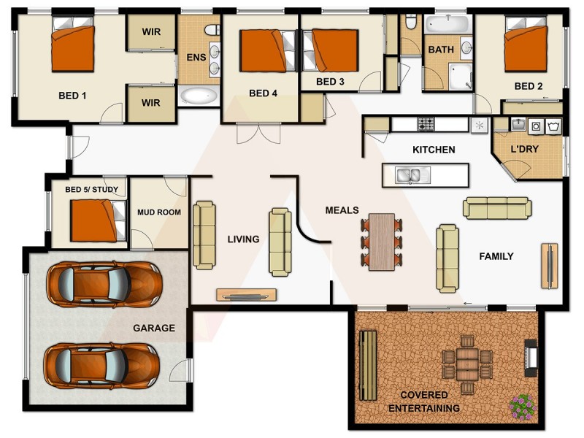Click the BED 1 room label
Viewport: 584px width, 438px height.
point(72,95)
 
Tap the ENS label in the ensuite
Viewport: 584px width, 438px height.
point(196,57)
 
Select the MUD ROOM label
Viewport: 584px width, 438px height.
point(158,212)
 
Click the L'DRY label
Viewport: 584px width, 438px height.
point(523,149)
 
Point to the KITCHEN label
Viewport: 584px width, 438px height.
point(434,150)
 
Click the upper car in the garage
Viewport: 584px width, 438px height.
point(103,284)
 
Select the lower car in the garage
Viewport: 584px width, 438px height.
point(103,365)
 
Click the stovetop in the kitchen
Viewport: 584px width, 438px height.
point(427,124)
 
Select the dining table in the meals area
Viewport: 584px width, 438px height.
point(381,242)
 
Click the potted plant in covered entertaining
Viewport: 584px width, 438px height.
point(522,405)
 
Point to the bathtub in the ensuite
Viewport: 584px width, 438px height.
point(198,96)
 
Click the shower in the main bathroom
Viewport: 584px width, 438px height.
point(461,76)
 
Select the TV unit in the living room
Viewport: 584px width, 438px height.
point(246,295)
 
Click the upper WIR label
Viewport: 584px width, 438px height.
point(151,33)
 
